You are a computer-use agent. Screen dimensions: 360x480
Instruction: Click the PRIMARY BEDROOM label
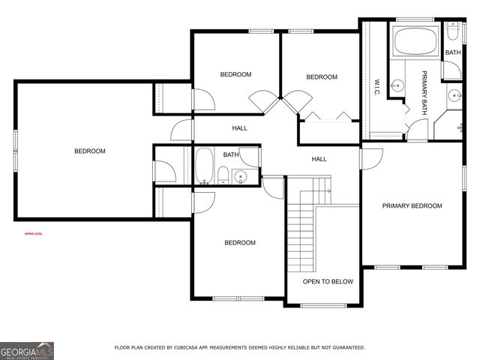click(412, 206)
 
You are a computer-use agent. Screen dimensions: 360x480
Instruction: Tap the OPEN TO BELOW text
click(328, 282)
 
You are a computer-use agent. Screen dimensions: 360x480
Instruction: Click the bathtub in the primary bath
click(415, 42)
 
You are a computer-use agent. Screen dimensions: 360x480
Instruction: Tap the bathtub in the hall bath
click(204, 166)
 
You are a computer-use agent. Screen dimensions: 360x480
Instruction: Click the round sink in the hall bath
click(240, 177)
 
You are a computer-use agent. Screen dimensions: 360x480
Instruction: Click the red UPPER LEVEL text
click(33, 234)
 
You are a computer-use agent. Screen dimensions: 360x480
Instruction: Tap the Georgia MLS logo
click(27, 350)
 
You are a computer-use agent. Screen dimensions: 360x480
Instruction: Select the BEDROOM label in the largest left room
click(90, 151)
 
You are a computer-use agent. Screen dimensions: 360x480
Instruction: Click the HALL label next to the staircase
click(319, 159)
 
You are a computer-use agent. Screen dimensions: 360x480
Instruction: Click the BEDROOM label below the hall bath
click(240, 243)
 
